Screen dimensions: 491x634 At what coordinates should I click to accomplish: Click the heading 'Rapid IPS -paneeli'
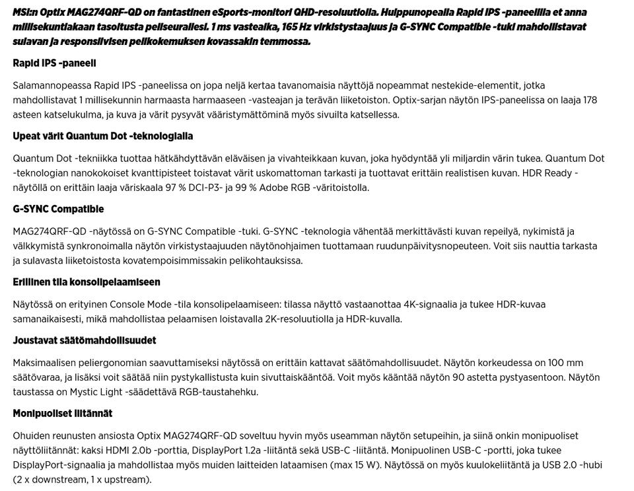54,63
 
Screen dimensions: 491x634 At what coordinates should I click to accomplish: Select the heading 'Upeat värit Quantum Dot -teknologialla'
103,136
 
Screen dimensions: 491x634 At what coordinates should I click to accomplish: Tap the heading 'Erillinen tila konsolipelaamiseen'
87,282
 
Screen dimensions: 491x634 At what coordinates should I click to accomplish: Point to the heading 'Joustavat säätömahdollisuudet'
85,340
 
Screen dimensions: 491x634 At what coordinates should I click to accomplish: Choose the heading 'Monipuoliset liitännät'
63,414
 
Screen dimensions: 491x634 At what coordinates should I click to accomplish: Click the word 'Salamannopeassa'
52,86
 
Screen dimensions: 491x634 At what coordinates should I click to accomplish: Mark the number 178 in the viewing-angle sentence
590,100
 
